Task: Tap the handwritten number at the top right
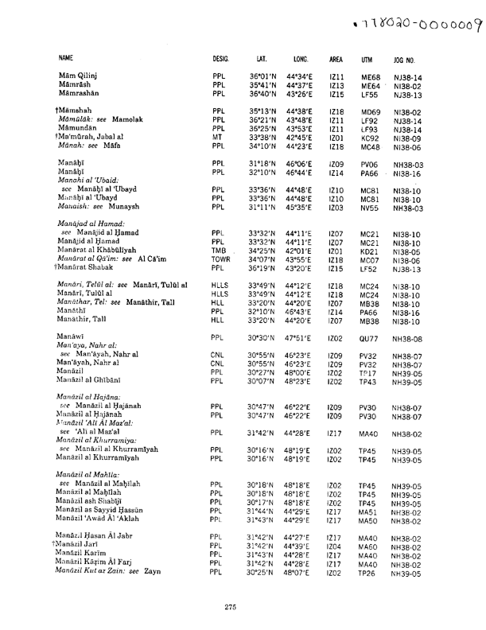pyautogui.click(x=410, y=18)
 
